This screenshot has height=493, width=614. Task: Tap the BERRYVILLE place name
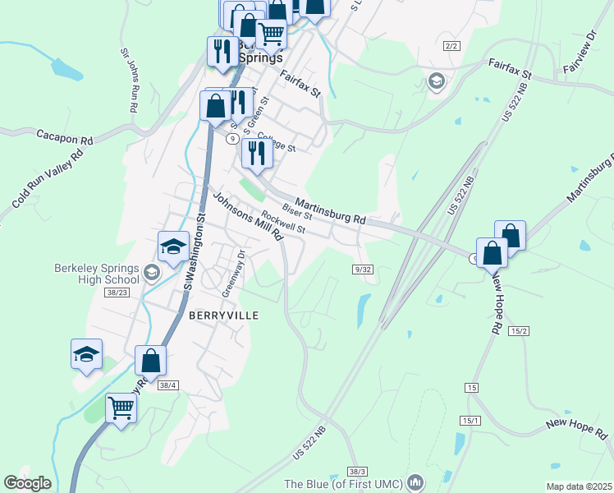(x=224, y=316)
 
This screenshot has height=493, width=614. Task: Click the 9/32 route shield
(x=364, y=269)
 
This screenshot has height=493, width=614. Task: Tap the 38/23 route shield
(x=117, y=292)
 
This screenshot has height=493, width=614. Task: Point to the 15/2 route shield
(x=518, y=330)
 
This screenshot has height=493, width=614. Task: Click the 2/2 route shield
(x=451, y=46)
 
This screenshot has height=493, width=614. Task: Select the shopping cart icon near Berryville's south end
(x=121, y=407)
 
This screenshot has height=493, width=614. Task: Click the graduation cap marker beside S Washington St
(x=173, y=246)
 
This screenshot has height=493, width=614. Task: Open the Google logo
(x=28, y=483)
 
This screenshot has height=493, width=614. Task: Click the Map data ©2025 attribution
(x=580, y=486)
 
